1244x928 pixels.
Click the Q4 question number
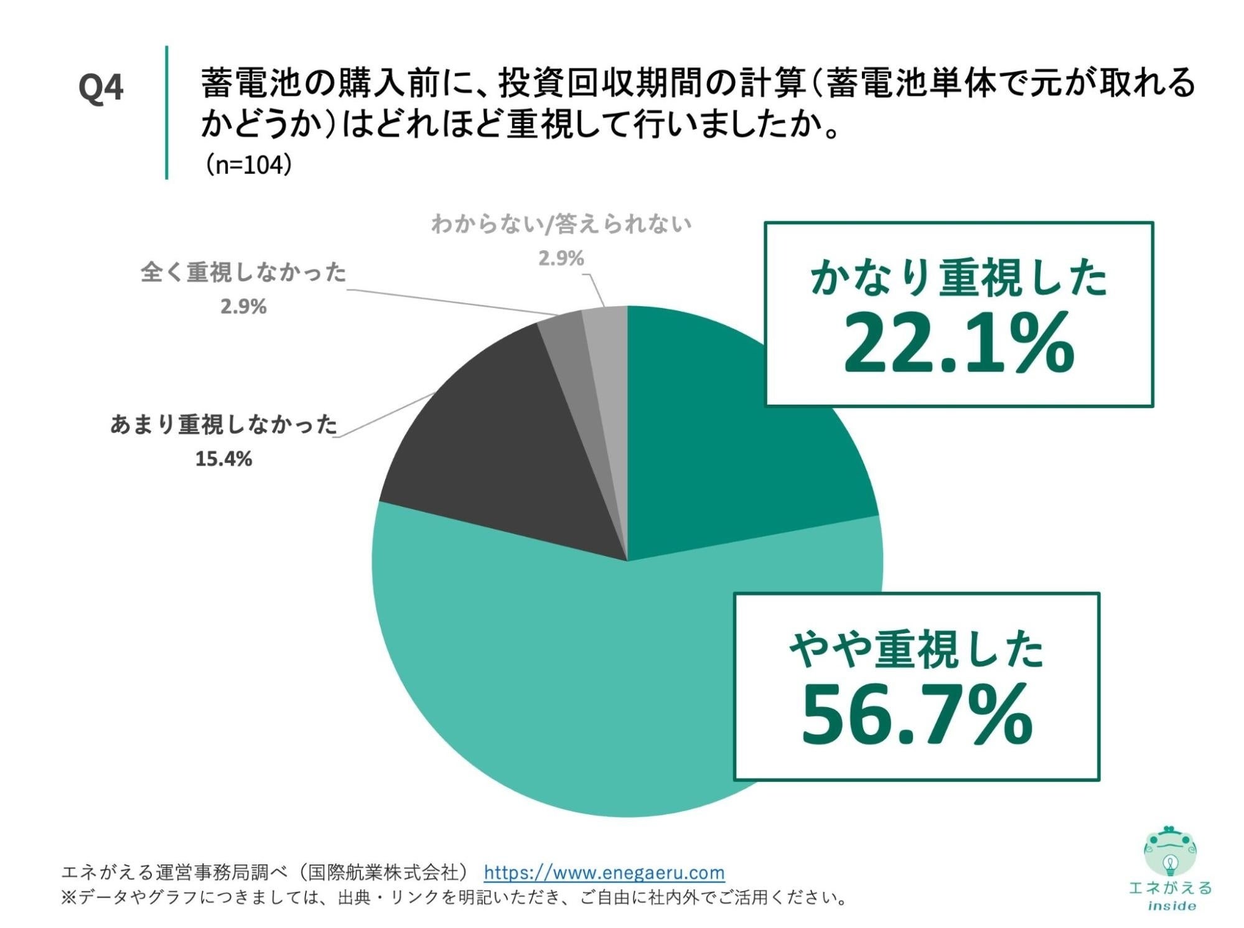pos(101,87)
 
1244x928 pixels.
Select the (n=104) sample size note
pos(248,165)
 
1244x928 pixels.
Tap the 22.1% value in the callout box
pos(958,344)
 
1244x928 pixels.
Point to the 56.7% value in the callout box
pos(916,715)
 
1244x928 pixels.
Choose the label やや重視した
pos(916,650)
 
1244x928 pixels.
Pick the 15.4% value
pos(223,459)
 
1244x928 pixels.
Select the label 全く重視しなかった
pos(243,272)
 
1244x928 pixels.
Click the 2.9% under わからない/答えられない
pos(561,258)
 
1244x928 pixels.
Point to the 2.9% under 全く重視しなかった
pos(243,307)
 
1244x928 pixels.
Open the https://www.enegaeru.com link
pos(604,873)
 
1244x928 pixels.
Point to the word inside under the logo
pos(1171,906)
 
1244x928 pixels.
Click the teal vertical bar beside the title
pos(167,112)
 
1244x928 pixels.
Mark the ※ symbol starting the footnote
pos(67,898)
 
